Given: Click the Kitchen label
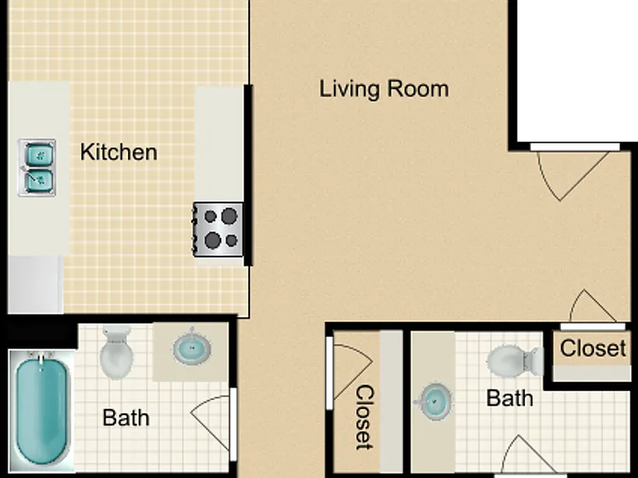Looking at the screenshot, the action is [x=119, y=153].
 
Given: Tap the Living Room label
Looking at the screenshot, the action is [x=384, y=89].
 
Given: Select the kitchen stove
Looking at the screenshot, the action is [x=218, y=230].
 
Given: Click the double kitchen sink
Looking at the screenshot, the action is [x=37, y=168].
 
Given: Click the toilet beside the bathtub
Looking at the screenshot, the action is [x=116, y=352].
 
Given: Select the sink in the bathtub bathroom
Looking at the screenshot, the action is [x=192, y=349].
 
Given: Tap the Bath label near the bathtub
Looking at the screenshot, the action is [x=125, y=418].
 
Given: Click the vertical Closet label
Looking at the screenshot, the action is [x=365, y=417].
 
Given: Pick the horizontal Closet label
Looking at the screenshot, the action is [x=593, y=349].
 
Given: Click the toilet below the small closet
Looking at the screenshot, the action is [x=516, y=361].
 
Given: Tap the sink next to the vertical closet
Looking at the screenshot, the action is [x=434, y=402].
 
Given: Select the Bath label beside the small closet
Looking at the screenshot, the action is [x=509, y=398].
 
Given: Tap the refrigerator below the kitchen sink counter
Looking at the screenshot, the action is [x=36, y=285].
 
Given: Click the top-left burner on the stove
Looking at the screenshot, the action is [x=210, y=217].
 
